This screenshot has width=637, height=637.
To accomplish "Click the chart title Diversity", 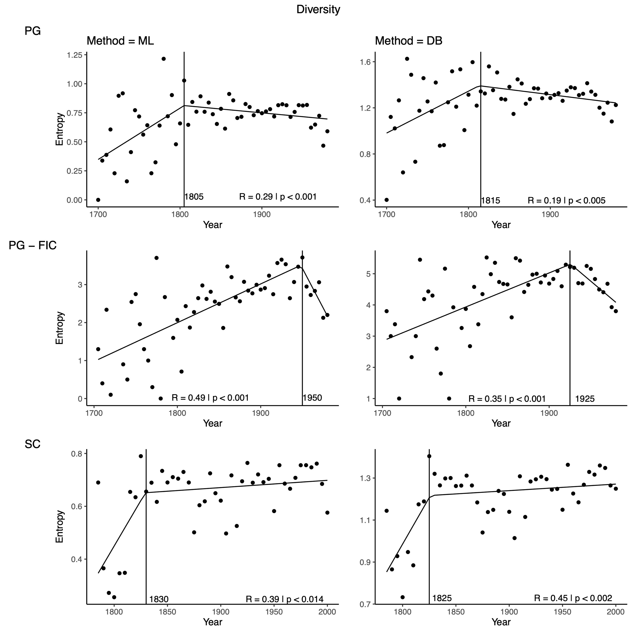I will tap(318, 10).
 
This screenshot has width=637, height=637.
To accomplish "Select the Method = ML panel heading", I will tap(120, 41).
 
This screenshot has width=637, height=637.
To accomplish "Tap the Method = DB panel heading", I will tap(409, 41).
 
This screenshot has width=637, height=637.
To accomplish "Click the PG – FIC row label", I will tap(33, 245).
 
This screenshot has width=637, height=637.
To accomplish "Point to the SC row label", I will tap(33, 444).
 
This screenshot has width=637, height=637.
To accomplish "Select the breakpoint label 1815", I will tap(490, 201).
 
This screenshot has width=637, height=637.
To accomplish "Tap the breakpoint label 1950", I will tap(312, 398).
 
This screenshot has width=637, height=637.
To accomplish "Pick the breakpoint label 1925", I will tap(585, 399).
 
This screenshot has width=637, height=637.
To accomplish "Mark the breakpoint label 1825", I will tap(442, 598).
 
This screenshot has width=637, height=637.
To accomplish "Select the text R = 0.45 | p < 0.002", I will tap(573, 598).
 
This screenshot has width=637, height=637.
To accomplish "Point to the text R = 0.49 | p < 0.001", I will tap(210, 398).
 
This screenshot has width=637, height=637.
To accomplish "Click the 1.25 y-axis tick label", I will tap(75, 55).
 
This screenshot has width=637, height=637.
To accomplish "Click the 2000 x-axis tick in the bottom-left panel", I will tap(327, 612).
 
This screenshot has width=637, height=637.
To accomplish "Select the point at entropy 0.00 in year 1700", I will tap(98, 200).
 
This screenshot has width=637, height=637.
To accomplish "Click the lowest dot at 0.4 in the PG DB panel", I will tap(386, 200).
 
